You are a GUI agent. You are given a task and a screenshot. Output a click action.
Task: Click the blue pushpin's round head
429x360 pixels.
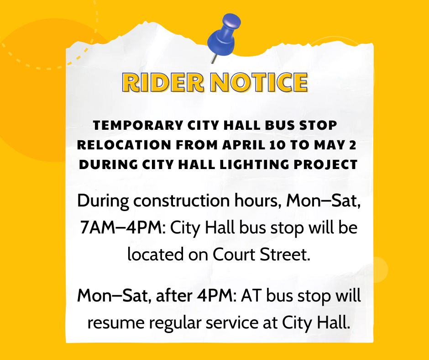tap(231, 22)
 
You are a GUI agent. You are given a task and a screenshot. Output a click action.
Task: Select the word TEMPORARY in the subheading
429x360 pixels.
tap(138, 125)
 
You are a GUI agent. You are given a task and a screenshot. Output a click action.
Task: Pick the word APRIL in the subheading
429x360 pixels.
tap(244, 145)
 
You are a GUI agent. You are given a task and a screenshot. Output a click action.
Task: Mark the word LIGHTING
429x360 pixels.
tap(255, 164)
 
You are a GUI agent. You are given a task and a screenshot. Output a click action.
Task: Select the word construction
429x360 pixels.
tap(182, 201)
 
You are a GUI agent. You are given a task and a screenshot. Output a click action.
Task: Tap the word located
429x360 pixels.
tap(155, 254)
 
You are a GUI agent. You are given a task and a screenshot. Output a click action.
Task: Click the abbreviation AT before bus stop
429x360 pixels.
tap(251, 296)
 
